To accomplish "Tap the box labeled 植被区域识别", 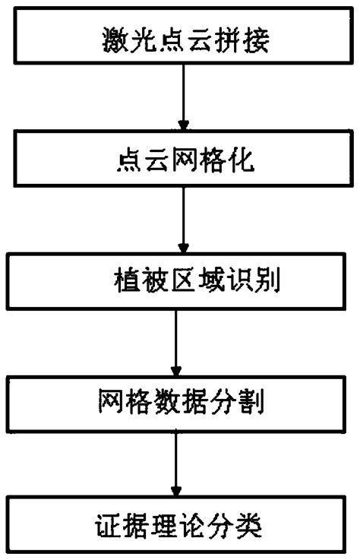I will tap(179, 283).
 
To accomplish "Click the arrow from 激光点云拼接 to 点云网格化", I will tap(182, 99).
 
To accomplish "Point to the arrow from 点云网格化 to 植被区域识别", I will tap(182, 220).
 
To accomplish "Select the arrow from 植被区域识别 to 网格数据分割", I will tap(176, 342).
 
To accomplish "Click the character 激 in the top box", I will tap(115, 40).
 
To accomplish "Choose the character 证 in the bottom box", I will tap(108, 524).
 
